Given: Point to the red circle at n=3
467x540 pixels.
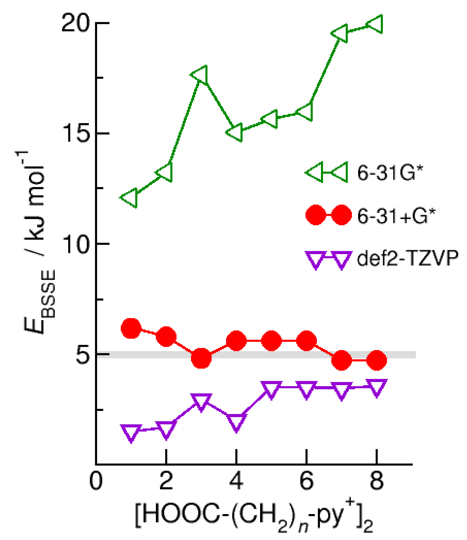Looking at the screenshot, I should (201, 358).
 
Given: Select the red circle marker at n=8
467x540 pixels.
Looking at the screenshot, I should (377, 360).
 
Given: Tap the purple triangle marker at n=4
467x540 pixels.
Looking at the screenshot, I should (236, 422).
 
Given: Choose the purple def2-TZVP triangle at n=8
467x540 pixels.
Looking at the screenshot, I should (377, 387).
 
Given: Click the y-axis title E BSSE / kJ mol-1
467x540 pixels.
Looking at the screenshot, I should (39, 242).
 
